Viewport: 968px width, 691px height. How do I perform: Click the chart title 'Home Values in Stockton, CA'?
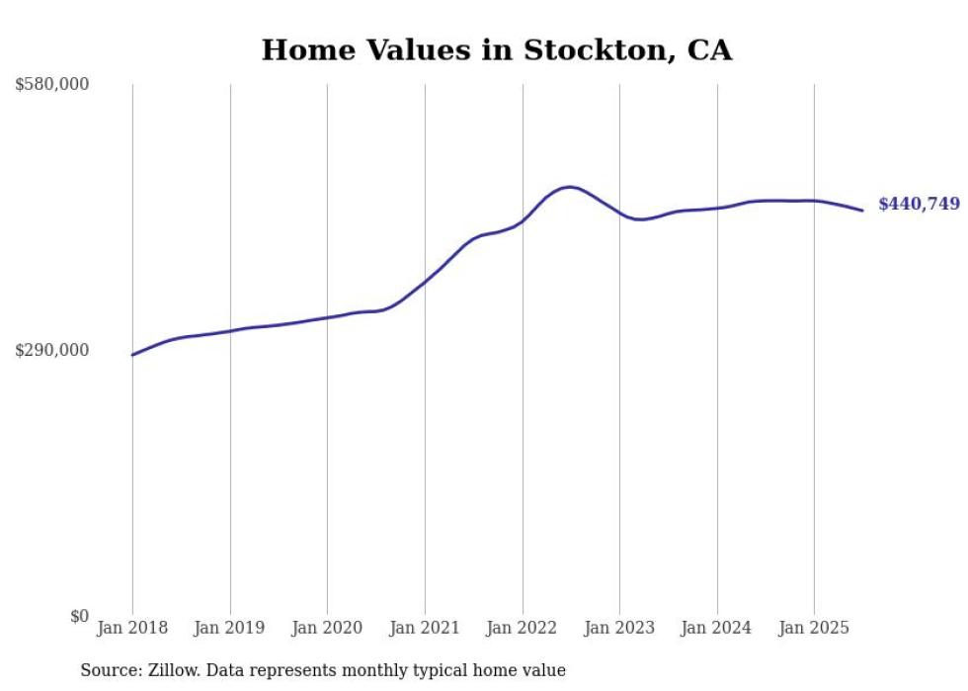(x=496, y=50)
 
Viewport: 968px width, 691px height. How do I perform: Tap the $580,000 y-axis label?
(x=51, y=85)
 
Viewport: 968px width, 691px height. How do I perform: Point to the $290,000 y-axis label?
(x=51, y=350)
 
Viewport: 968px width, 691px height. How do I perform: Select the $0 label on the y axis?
(x=79, y=616)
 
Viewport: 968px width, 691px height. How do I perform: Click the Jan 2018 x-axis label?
(x=132, y=628)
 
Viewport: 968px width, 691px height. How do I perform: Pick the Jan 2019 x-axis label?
(x=230, y=628)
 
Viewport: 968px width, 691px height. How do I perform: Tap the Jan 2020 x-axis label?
(x=327, y=628)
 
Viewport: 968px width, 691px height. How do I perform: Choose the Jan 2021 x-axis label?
(x=425, y=628)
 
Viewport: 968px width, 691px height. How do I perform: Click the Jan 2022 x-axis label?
(x=523, y=628)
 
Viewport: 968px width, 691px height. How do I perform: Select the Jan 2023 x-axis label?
(x=619, y=628)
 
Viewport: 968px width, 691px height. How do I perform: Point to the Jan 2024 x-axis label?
(x=717, y=628)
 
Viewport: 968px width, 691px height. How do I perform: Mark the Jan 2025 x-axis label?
(x=814, y=628)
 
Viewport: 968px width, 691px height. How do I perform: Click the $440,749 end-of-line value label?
(x=919, y=205)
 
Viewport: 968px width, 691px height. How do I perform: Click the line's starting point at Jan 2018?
(x=132, y=355)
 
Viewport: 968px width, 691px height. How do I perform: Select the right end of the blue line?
(x=862, y=210)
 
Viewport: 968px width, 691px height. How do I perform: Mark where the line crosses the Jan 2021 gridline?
(x=425, y=282)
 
